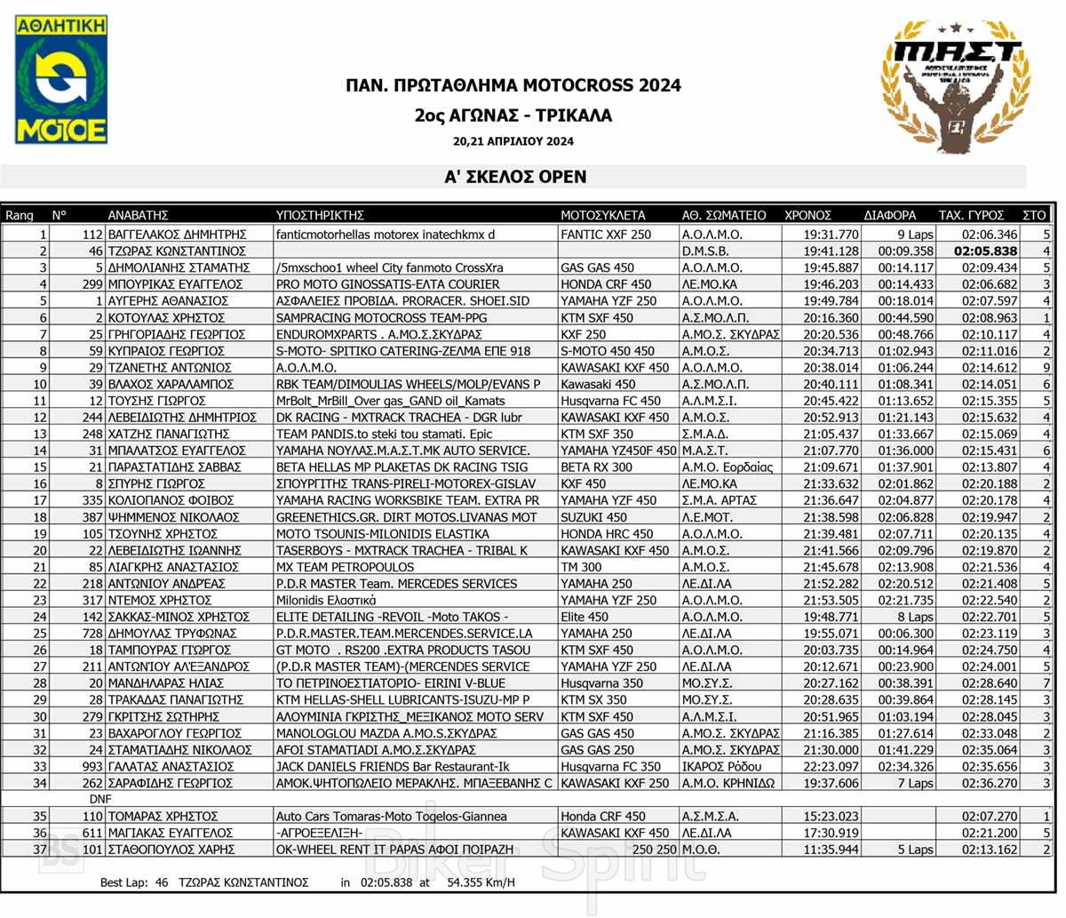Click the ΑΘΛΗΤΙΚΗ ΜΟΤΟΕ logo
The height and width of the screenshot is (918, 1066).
tap(61, 79)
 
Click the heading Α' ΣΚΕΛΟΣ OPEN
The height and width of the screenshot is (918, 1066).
tap(515, 177)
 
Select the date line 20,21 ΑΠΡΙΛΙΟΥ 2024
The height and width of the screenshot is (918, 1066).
tap(513, 141)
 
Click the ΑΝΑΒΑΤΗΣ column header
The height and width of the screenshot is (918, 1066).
tap(138, 215)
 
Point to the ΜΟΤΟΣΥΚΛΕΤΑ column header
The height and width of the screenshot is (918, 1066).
tap(602, 215)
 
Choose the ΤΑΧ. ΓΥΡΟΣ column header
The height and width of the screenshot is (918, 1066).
tap(971, 215)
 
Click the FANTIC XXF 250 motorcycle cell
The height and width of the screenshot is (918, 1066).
tap(606, 235)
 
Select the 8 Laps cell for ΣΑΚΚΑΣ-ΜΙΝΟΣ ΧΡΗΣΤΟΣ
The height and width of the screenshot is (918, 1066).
tap(914, 617)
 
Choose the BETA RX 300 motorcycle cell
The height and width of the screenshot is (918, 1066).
tap(597, 467)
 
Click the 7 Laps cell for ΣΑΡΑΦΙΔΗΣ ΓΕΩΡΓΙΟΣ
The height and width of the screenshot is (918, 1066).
tap(914, 783)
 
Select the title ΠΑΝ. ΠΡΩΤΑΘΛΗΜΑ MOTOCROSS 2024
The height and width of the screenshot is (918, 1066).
tap(513, 86)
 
